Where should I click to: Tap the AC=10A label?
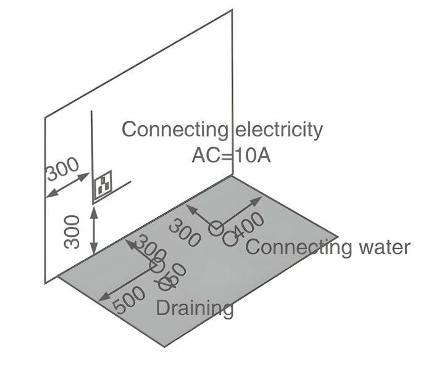click(x=231, y=154)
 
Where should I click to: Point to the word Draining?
click(x=195, y=307)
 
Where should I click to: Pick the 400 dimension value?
click(x=249, y=227)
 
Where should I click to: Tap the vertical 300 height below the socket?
click(x=73, y=231)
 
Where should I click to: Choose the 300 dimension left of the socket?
click(x=62, y=169)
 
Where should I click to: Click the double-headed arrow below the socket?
click(x=94, y=231)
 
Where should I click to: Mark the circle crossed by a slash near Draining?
click(x=165, y=284)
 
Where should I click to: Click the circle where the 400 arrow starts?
click(x=216, y=229)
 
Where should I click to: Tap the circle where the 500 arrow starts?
click(x=157, y=266)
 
